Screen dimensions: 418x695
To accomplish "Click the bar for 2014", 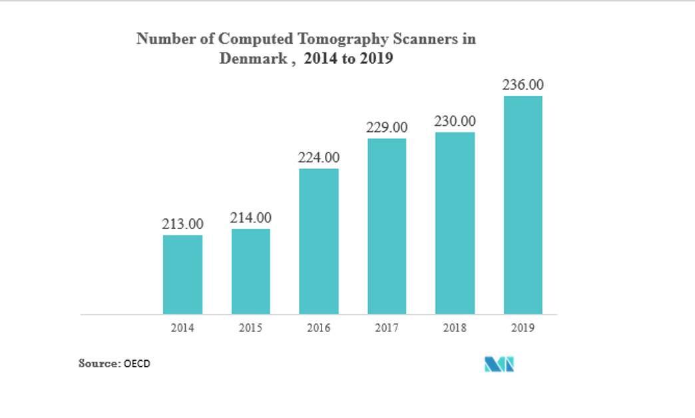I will tap(182, 274).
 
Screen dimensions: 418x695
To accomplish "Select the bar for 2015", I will tap(251, 272).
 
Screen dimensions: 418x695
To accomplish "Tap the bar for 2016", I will tap(319, 241).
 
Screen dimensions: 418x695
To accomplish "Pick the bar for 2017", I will tap(387, 226).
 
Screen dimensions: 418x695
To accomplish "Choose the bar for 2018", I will tap(455, 223).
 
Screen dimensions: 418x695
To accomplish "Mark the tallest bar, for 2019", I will tap(523, 205).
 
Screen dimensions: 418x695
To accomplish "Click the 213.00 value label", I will tap(183, 224).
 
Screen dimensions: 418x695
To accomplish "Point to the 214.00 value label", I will tap(251, 218).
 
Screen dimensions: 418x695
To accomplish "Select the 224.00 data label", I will tap(319, 158).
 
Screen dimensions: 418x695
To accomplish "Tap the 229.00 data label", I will tap(387, 127).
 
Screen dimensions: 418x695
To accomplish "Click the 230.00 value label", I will tap(455, 121).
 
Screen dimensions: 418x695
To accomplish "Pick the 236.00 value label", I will tap(523, 85).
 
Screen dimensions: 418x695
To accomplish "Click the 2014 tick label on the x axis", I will tap(182, 327).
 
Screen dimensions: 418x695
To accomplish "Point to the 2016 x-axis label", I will tap(319, 327).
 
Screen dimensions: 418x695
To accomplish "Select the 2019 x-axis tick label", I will tap(523, 327).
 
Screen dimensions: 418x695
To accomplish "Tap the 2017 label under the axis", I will tap(387, 327).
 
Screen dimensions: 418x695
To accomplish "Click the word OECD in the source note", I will tap(137, 363).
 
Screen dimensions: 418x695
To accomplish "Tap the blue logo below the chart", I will tap(499, 364).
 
